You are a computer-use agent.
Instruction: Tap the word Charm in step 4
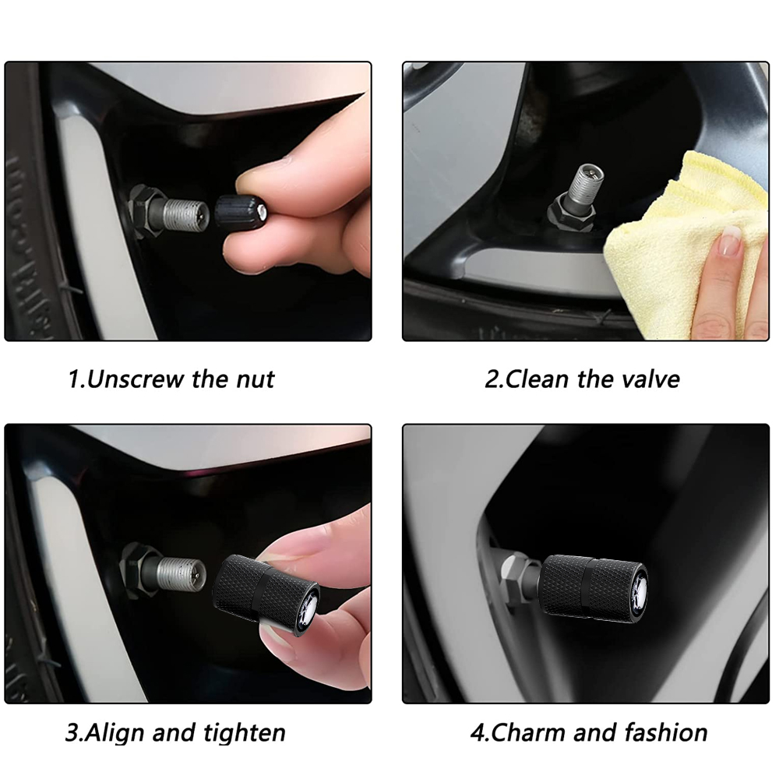pyautogui.click(x=527, y=733)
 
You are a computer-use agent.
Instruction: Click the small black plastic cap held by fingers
pyautogui.click(x=239, y=212)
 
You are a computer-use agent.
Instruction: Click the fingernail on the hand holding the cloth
pyautogui.click(x=730, y=241)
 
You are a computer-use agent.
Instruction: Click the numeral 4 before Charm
pyautogui.click(x=478, y=733)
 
